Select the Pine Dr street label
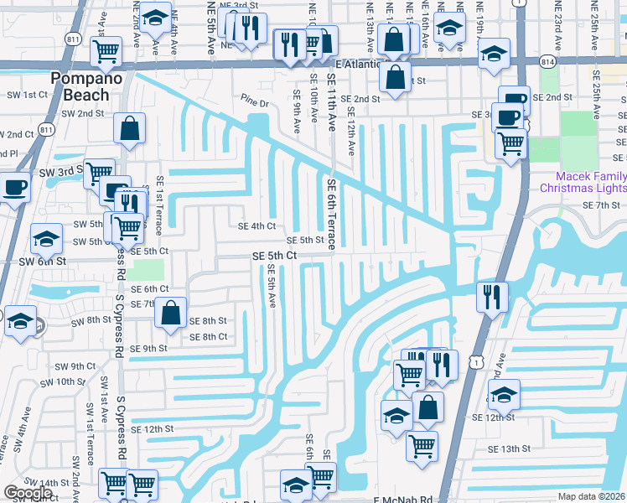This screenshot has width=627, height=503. (x=254, y=104)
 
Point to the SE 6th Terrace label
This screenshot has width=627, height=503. (x=332, y=214)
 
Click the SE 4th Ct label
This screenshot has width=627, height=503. (x=257, y=226)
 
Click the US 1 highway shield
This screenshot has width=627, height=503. (x=477, y=360)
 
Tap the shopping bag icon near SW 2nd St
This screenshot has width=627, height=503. (x=129, y=128)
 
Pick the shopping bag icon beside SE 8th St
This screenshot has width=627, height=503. (x=170, y=313)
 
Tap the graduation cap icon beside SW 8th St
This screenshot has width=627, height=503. (x=19, y=321)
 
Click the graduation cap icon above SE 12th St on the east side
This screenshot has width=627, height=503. (x=504, y=393)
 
